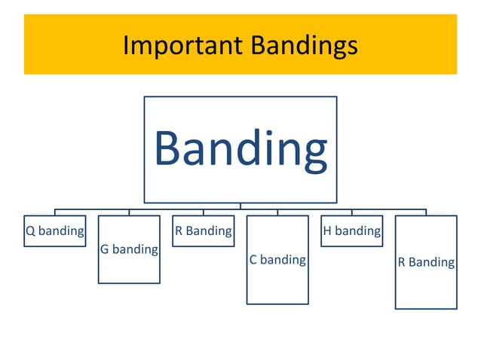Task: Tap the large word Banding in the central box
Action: tap(240, 148)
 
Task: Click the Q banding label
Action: tap(54, 231)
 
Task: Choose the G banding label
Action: tap(129, 249)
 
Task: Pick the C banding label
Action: tap(277, 260)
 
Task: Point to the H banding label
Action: tap(351, 231)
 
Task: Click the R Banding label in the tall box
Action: tap(426, 262)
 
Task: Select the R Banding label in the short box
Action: tap(203, 231)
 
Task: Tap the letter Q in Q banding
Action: tap(30, 231)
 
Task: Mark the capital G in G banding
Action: tap(105, 249)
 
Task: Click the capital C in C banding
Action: tap(253, 260)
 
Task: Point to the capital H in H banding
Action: tap(327, 231)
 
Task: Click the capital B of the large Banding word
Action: tap(168, 148)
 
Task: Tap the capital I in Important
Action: tap(126, 46)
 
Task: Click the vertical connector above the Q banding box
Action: tap(54, 212)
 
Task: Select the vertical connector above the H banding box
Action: tap(351, 212)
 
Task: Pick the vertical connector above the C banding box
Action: tap(277, 212)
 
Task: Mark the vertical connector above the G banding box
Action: tap(129, 212)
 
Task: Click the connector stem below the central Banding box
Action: tap(240, 206)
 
